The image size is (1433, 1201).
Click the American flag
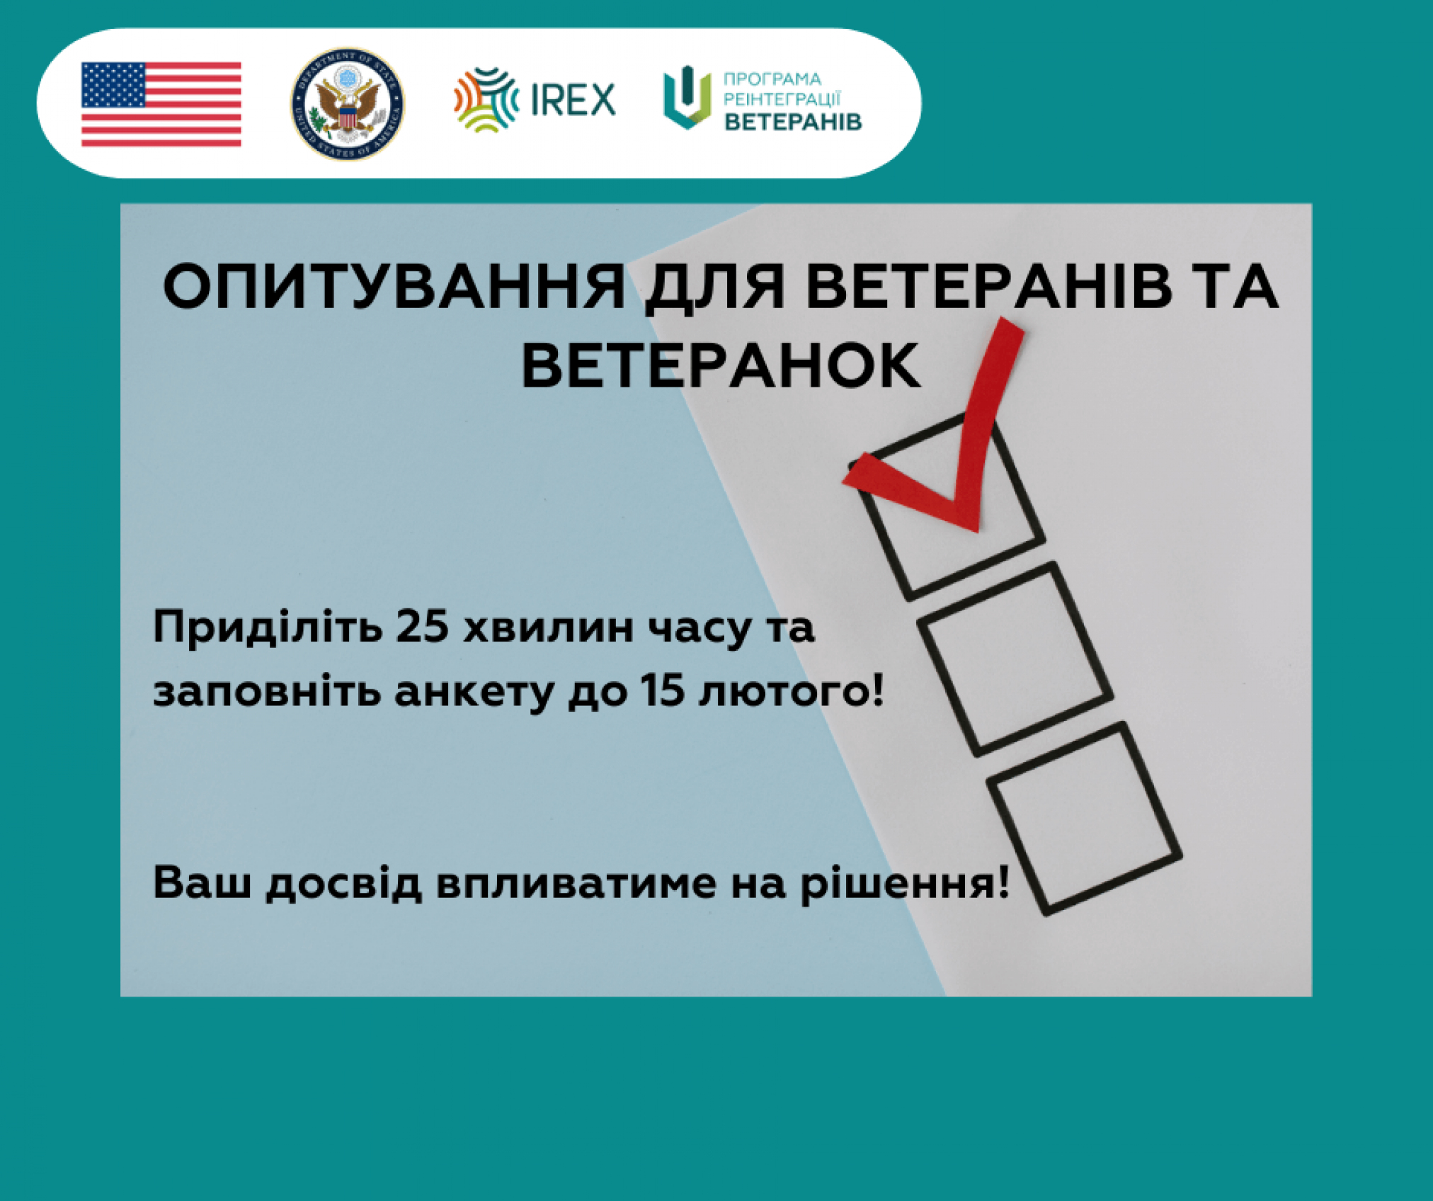pyautogui.click(x=161, y=104)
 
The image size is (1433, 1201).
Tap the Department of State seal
pyautogui.click(x=348, y=104)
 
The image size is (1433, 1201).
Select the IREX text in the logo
pyautogui.click(x=573, y=99)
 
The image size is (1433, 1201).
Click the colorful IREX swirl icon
pyautogui.click(x=486, y=99)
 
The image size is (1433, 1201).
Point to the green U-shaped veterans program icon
pyautogui.click(x=687, y=97)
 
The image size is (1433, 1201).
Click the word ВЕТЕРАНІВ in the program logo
pyautogui.click(x=793, y=122)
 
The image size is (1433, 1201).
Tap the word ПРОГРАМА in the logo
pyautogui.click(x=772, y=79)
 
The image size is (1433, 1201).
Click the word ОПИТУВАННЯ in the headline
pyautogui.click(x=394, y=287)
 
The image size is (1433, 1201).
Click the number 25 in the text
pyautogui.click(x=422, y=627)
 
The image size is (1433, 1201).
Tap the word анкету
pyautogui.click(x=474, y=693)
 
